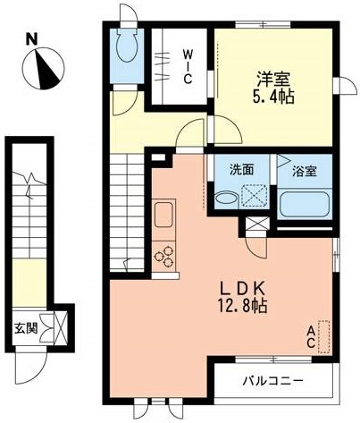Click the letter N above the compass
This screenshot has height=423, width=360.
pyautogui.click(x=30, y=40)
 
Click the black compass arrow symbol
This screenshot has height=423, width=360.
pyautogui.click(x=43, y=69)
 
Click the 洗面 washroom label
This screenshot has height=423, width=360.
pyautogui.click(x=240, y=169)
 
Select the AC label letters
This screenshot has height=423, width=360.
pyautogui.click(x=311, y=336)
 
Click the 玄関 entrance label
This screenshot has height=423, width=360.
pyautogui.click(x=24, y=326)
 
